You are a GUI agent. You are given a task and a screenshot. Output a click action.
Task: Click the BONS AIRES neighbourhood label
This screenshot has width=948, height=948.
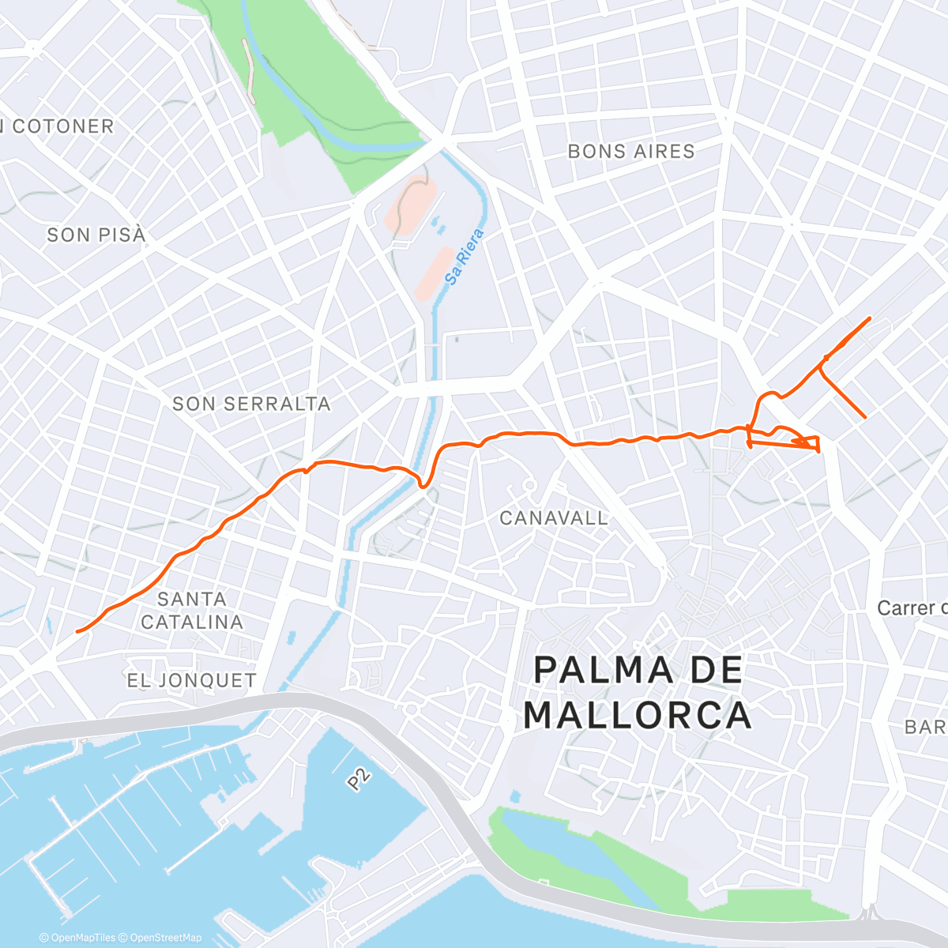(631, 152)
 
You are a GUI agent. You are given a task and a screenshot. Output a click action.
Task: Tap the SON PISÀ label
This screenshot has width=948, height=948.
(96, 235)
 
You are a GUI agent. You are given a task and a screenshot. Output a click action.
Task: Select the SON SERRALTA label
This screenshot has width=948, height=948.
(251, 404)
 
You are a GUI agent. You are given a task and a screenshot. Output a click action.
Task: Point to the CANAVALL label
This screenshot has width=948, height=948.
(554, 518)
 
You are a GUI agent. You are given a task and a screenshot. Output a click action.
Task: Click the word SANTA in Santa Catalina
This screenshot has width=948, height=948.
(192, 599)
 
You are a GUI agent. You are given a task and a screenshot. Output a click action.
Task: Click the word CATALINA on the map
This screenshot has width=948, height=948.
(192, 623)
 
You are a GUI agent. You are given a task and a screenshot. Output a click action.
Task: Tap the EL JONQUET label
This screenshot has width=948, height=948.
(191, 680)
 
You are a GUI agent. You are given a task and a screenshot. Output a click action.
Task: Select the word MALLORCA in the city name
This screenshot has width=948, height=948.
(637, 715)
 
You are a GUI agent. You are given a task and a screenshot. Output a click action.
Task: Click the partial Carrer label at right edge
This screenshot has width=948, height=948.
(912, 608)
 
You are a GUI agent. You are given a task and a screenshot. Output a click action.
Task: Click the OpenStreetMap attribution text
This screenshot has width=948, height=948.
(166, 938)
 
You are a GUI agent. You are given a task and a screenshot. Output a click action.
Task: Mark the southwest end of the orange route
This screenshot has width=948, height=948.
(77, 631)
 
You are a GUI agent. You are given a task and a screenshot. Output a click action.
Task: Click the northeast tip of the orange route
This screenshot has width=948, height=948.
(870, 318)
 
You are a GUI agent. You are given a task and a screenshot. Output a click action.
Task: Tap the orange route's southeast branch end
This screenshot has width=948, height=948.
(865, 416)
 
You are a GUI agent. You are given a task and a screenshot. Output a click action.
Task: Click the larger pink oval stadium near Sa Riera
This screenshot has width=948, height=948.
(412, 205)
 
